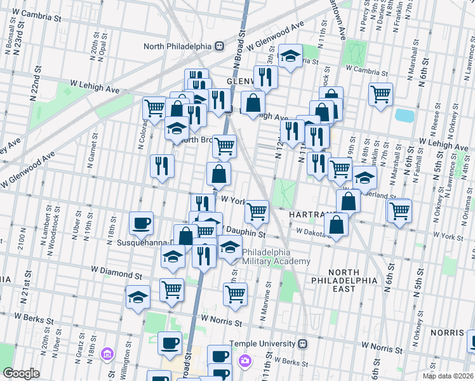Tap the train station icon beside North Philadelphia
pyautogui.click(x=219, y=46)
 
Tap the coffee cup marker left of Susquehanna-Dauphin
pyautogui.click(x=141, y=223)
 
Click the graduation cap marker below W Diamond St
pyautogui.click(x=138, y=297)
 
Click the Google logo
pyautogui.click(x=22, y=373)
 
